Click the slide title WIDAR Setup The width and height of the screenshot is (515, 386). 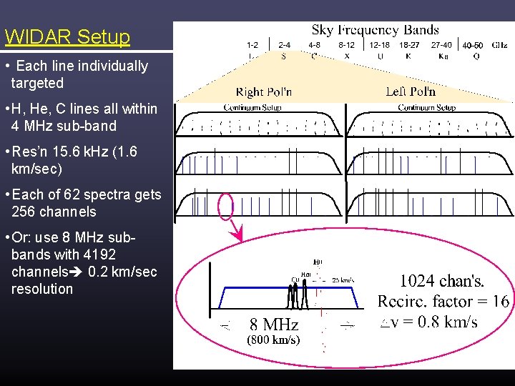[x=67, y=37]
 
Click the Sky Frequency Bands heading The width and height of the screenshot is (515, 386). [x=375, y=30]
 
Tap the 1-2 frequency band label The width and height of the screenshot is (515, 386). [x=252, y=44]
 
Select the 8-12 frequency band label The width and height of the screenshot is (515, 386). [x=345, y=44]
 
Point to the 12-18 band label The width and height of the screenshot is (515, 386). [x=379, y=44]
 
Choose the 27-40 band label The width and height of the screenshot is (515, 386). [x=441, y=44]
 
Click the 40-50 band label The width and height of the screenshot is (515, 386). [x=472, y=45]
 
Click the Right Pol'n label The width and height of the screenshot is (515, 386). [x=264, y=91]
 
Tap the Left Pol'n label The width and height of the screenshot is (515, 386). [x=411, y=91]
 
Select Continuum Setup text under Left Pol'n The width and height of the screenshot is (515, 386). [x=426, y=108]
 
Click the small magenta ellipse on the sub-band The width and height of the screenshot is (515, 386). [x=225, y=206]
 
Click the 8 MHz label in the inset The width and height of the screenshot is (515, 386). [x=274, y=325]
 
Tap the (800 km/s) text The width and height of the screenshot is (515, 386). [x=273, y=340]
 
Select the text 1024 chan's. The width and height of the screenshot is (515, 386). [x=441, y=281]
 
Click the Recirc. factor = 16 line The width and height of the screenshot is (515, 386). [x=443, y=301]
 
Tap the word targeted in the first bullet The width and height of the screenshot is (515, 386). [x=37, y=83]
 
